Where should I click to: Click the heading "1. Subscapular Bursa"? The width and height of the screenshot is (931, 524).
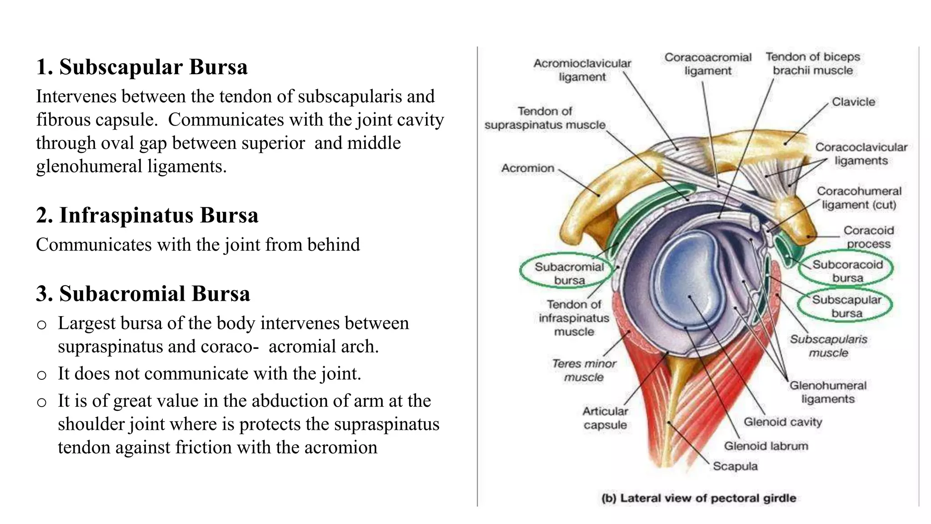[142, 67]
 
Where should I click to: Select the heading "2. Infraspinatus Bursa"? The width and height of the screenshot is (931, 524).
[147, 215]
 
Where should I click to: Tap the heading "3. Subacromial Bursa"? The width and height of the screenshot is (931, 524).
[143, 293]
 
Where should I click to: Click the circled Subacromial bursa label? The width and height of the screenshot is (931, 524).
[569, 273]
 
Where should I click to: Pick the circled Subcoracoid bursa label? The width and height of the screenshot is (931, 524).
[847, 271]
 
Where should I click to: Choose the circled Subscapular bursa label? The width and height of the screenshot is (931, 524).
[846, 306]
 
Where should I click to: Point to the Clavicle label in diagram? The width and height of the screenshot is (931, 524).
[853, 102]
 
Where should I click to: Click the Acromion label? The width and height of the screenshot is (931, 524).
[527, 168]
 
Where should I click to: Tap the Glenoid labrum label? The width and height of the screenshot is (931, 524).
[766, 446]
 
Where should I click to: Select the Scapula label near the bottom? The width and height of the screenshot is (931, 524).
[735, 466]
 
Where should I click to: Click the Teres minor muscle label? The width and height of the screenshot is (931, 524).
[584, 370]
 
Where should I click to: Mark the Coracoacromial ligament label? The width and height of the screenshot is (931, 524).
[707, 64]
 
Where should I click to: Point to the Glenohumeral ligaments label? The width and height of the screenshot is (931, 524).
[827, 392]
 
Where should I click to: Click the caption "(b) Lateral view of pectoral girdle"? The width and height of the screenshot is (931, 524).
[698, 498]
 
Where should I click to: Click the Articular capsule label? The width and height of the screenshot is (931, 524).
[605, 418]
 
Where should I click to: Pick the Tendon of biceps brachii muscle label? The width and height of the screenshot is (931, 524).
[812, 64]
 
